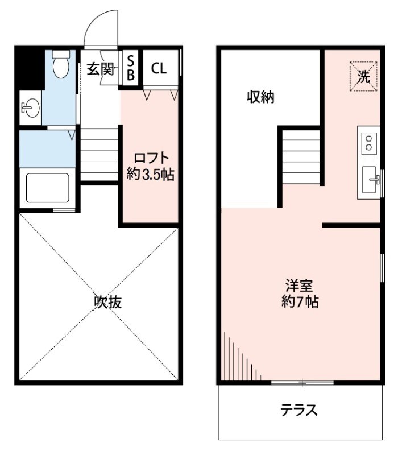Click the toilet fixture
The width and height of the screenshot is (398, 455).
coord(61,65)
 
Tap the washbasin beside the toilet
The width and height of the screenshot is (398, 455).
coord(30,107)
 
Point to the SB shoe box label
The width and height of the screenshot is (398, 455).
coord(131,68)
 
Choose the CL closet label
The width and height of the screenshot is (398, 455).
coord(159,68)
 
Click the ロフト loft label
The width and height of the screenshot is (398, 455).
coord(151,158)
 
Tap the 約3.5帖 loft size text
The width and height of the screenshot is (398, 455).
coord(150,174)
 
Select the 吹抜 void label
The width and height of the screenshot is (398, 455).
coord(108,302)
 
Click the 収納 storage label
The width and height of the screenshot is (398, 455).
coord(260,97)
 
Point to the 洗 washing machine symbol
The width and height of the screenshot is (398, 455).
coord(364,76)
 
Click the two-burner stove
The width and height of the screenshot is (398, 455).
coord(369,142)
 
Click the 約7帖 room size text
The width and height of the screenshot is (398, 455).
coord(300,302)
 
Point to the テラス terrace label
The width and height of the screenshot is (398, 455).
coord(299,409)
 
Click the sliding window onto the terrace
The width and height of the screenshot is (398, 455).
coord(302,382)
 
